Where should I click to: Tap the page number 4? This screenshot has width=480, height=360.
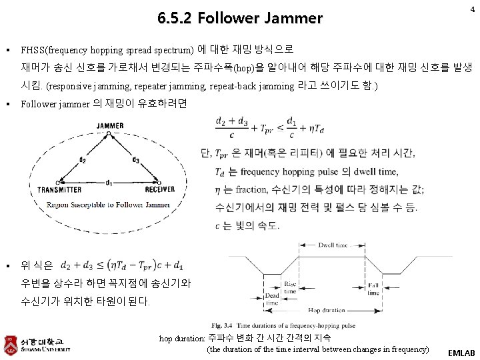click(472, 9)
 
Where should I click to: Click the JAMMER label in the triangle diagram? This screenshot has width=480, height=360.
click(109, 125)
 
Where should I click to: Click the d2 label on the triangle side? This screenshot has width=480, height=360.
click(82, 160)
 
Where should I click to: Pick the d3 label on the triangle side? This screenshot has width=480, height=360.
click(135, 160)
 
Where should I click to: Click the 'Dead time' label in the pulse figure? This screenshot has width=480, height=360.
click(272, 299)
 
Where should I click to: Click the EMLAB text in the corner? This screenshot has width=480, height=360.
click(461, 351)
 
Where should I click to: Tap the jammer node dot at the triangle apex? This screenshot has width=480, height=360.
click(109, 133)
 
